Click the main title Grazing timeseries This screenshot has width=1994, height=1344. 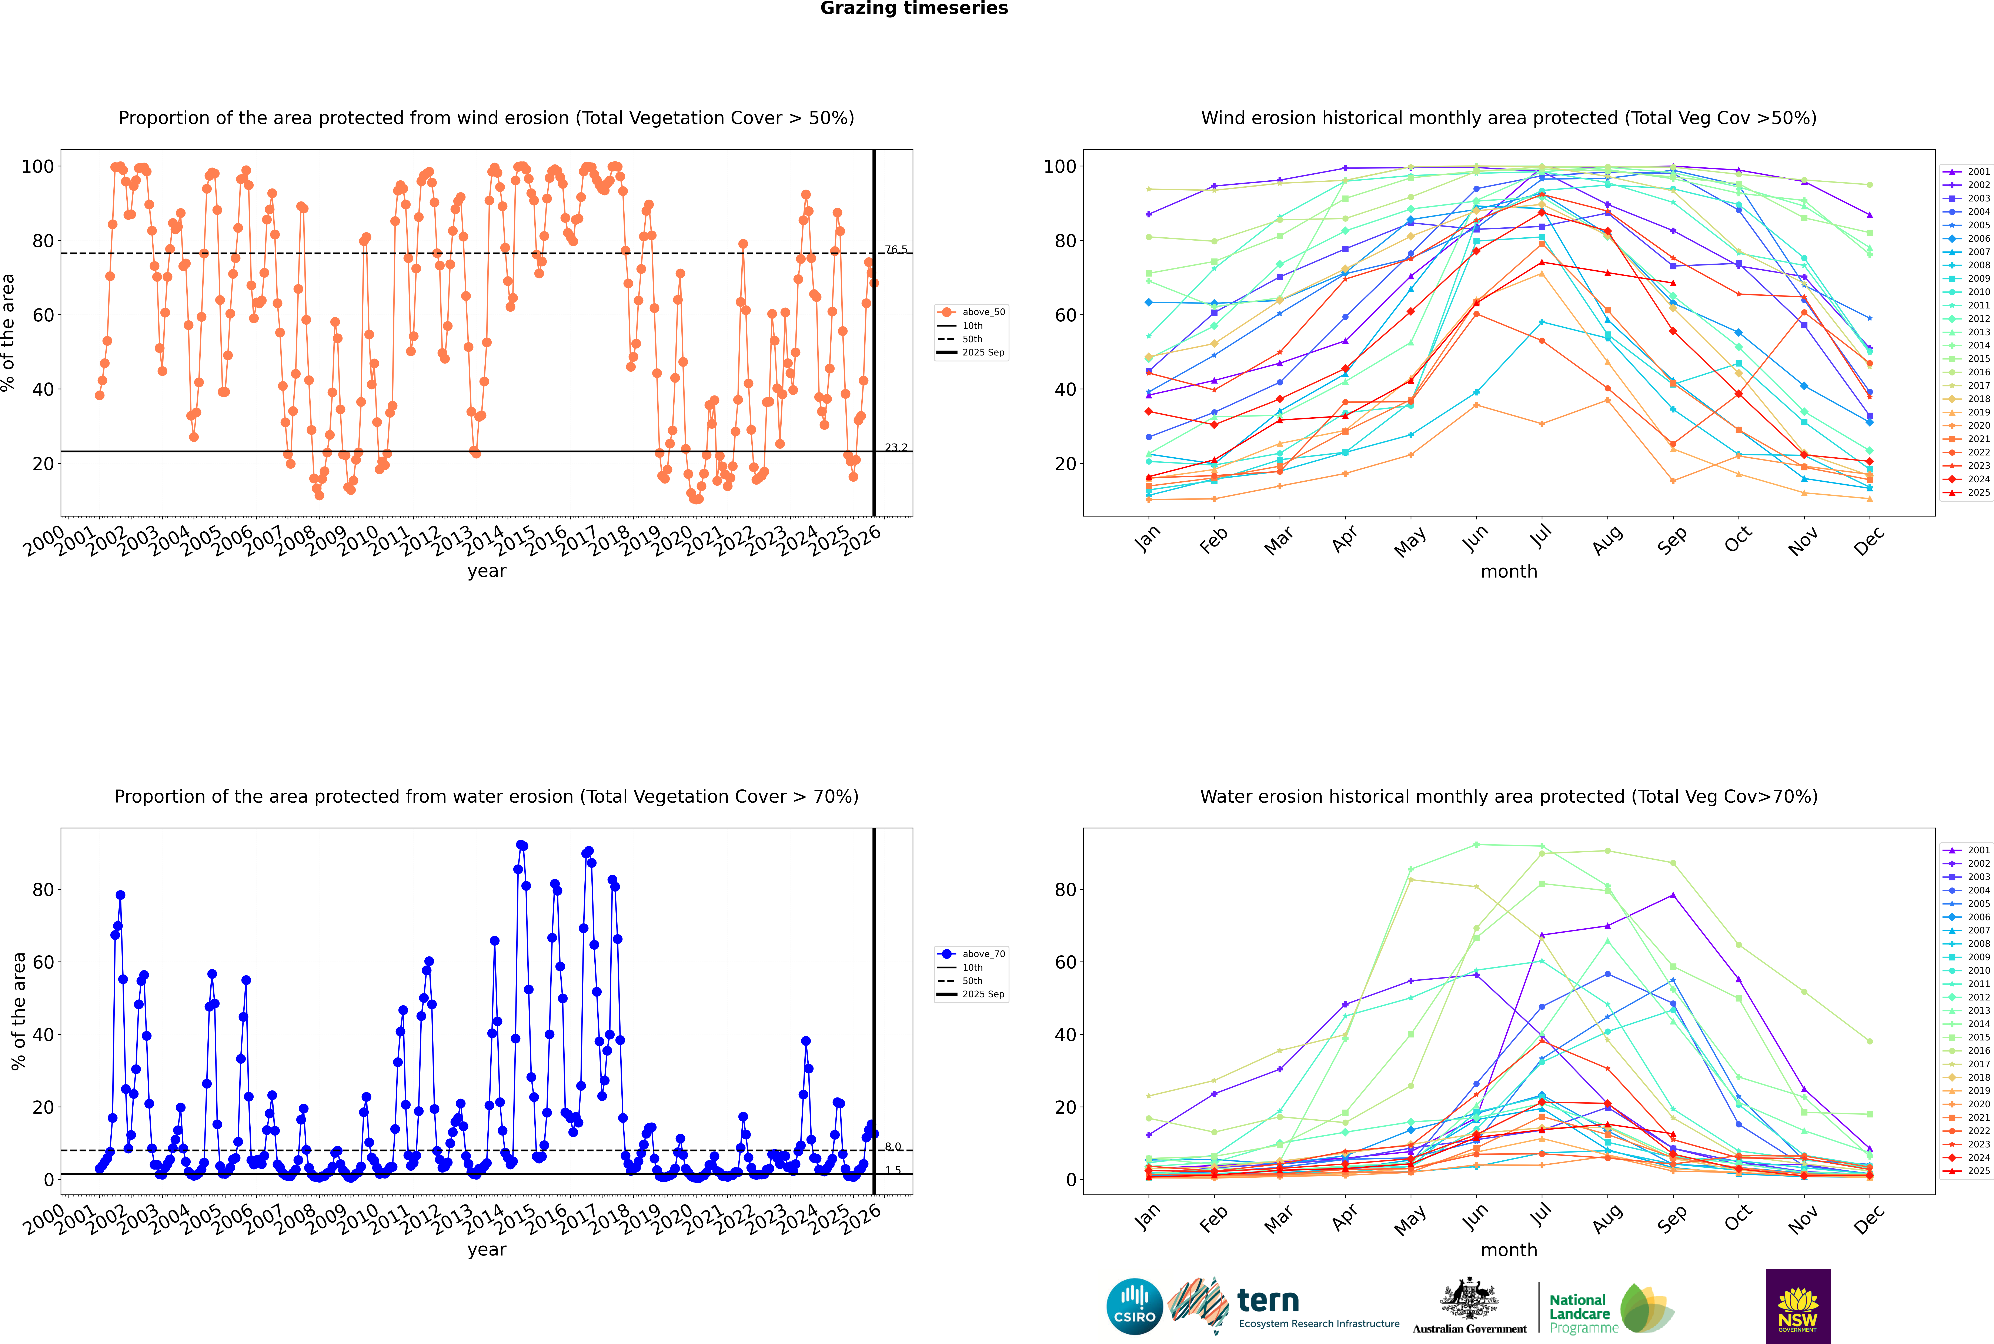(914, 9)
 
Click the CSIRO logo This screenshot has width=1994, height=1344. (1134, 1306)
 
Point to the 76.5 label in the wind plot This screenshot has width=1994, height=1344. (896, 250)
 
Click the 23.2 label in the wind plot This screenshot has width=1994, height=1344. (896, 447)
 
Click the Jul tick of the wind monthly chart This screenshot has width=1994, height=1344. (1540, 537)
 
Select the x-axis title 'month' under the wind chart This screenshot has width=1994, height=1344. (1509, 572)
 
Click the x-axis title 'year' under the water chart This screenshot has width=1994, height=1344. (487, 1250)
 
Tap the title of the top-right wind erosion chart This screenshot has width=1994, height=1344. (1509, 118)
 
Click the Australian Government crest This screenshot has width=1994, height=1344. (1469, 1303)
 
